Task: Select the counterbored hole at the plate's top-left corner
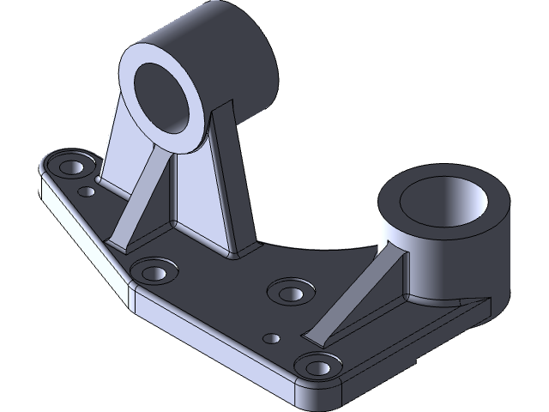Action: tap(67, 164)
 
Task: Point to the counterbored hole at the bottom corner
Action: tap(320, 367)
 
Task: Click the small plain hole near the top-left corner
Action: tap(86, 191)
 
